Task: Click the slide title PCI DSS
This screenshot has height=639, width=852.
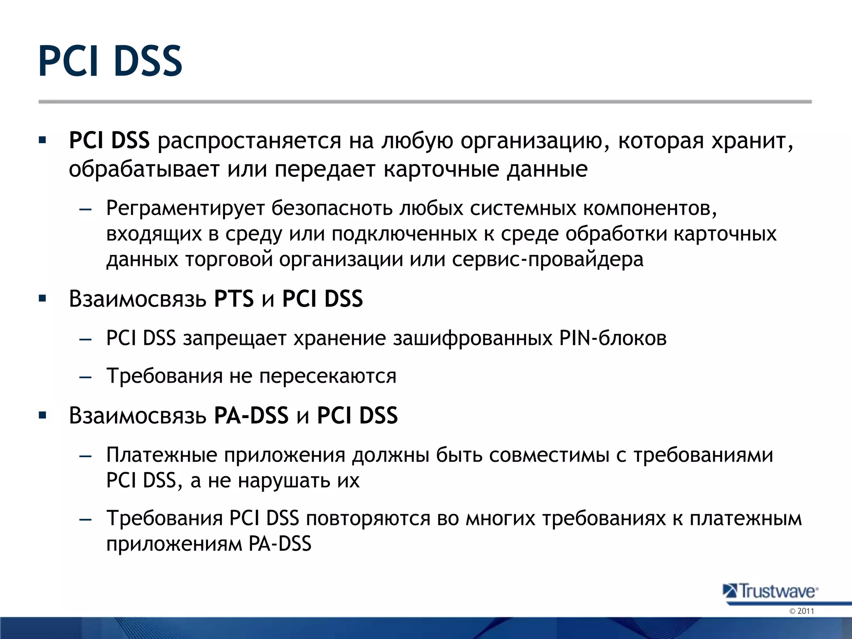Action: click(110, 62)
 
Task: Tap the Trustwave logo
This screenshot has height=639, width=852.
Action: click(770, 591)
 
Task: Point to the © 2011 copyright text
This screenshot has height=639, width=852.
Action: click(801, 611)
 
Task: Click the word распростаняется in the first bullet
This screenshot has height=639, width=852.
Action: click(249, 141)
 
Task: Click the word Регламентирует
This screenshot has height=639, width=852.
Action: click(185, 208)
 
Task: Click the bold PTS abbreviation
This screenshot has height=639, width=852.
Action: click(234, 299)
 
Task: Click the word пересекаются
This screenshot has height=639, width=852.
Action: click(328, 376)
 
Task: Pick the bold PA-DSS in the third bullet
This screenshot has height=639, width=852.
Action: click(251, 415)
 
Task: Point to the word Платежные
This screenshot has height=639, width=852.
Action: click(161, 455)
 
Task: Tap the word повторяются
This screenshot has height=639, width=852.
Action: click(368, 519)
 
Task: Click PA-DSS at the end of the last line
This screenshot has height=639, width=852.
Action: click(280, 544)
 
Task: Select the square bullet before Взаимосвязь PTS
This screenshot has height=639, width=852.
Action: click(42, 299)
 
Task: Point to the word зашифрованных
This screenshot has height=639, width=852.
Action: click(473, 338)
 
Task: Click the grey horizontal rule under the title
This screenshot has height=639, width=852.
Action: click(424, 102)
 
